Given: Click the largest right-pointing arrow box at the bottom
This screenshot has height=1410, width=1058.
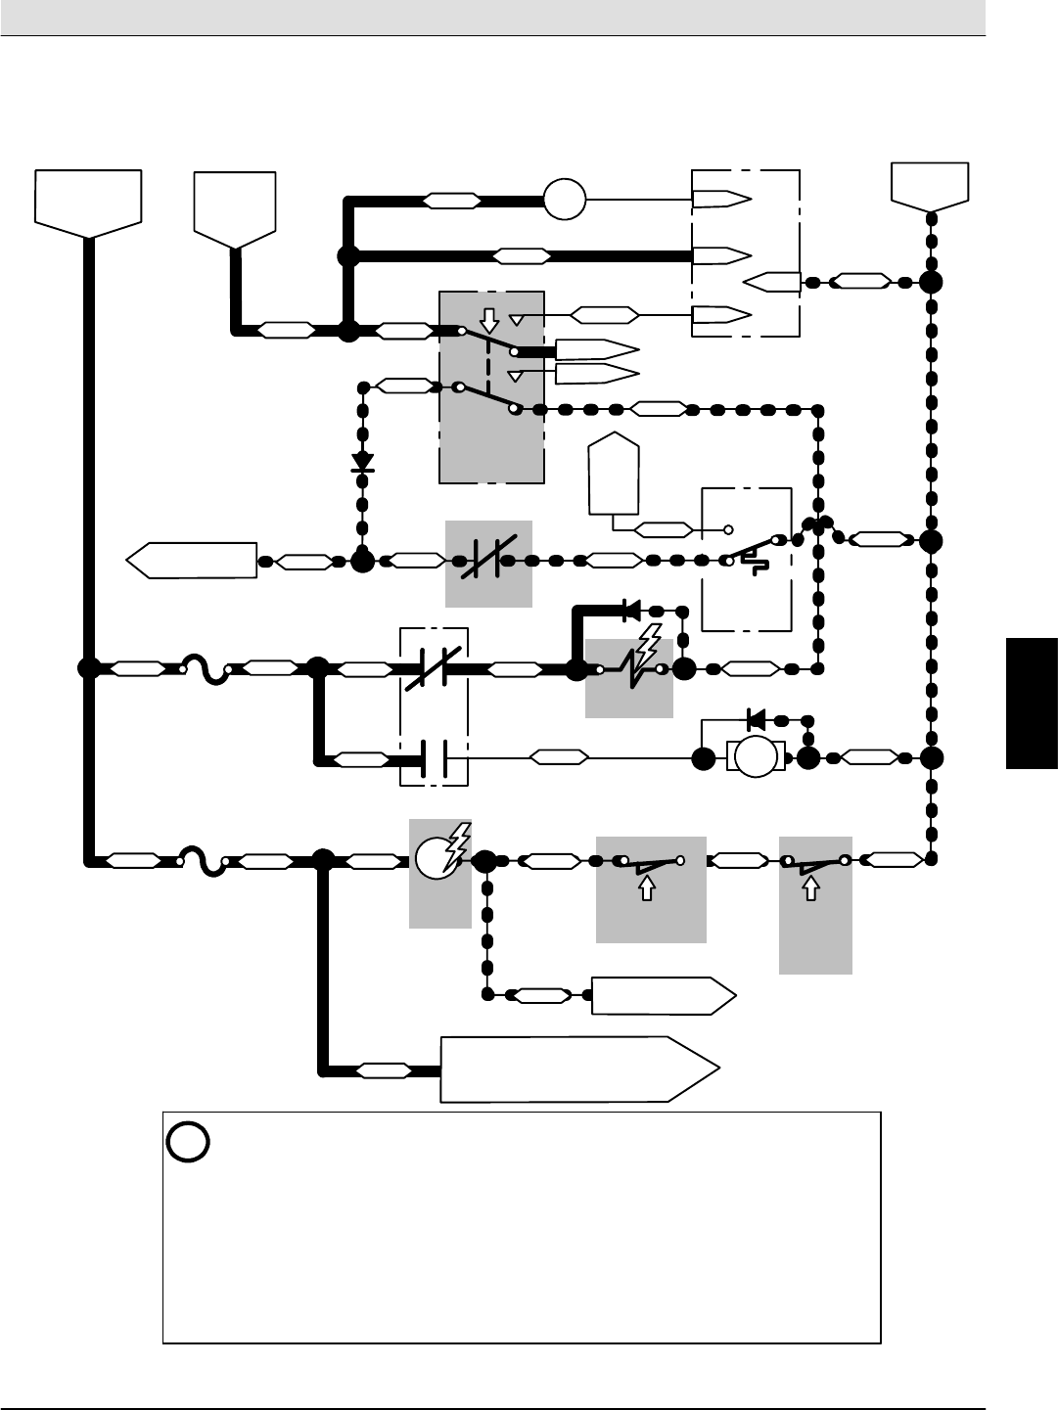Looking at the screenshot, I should pos(577,1069).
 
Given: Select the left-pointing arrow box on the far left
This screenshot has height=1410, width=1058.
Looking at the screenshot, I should pos(192,561).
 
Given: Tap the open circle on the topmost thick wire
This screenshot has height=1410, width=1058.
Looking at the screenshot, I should pos(565,200).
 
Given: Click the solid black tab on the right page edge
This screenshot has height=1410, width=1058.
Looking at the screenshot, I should pos(1032,703).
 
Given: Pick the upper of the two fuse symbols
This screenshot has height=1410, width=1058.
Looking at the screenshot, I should pos(206,670).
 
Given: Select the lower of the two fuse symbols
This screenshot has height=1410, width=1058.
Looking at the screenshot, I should pos(204,861).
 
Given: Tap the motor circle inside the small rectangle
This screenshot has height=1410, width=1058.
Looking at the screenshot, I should pos(756,758).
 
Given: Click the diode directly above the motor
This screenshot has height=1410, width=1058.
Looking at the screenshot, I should pos(756,720).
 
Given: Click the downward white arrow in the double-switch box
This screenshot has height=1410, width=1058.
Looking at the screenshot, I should pos(490,320).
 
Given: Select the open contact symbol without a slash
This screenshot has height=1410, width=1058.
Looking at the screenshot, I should pos(434,757).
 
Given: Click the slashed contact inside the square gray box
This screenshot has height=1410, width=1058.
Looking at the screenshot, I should pos(488,563).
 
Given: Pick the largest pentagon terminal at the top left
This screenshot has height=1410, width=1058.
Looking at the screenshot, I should pos(88,203).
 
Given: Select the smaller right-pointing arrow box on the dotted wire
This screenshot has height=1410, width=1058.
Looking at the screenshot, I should pos(662,995).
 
